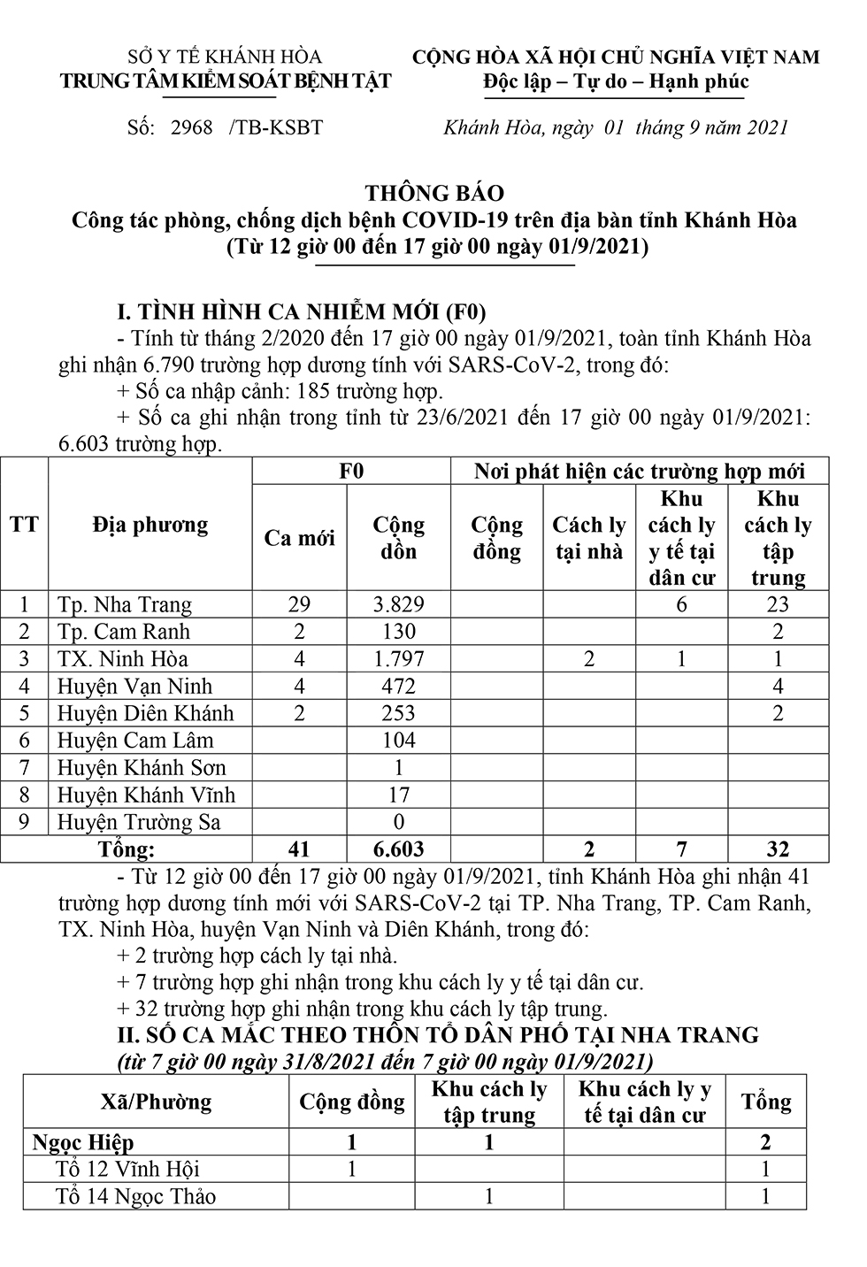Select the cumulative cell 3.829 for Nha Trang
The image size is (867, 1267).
[398, 605]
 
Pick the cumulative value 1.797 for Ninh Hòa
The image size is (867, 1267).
[398, 659]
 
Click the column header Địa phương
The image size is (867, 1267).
[150, 525]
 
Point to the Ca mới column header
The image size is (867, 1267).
[300, 538]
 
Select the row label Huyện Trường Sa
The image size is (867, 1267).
[139, 822]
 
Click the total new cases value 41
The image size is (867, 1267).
[299, 849]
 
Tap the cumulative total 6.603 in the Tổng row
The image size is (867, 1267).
[398, 849]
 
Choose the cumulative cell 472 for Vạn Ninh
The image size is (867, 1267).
[398, 687]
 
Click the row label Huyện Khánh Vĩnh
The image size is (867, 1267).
[147, 795]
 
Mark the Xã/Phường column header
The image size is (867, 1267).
[157, 1102]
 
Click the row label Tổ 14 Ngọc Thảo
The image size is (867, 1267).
[135, 1197]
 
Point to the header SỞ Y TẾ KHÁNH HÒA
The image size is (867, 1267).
[225, 58]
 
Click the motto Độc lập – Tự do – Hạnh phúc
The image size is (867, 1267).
[616, 82]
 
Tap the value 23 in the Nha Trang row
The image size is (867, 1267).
[778, 605]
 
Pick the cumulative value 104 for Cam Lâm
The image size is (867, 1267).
[398, 741]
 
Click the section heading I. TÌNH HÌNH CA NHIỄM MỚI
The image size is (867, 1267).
[302, 311]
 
